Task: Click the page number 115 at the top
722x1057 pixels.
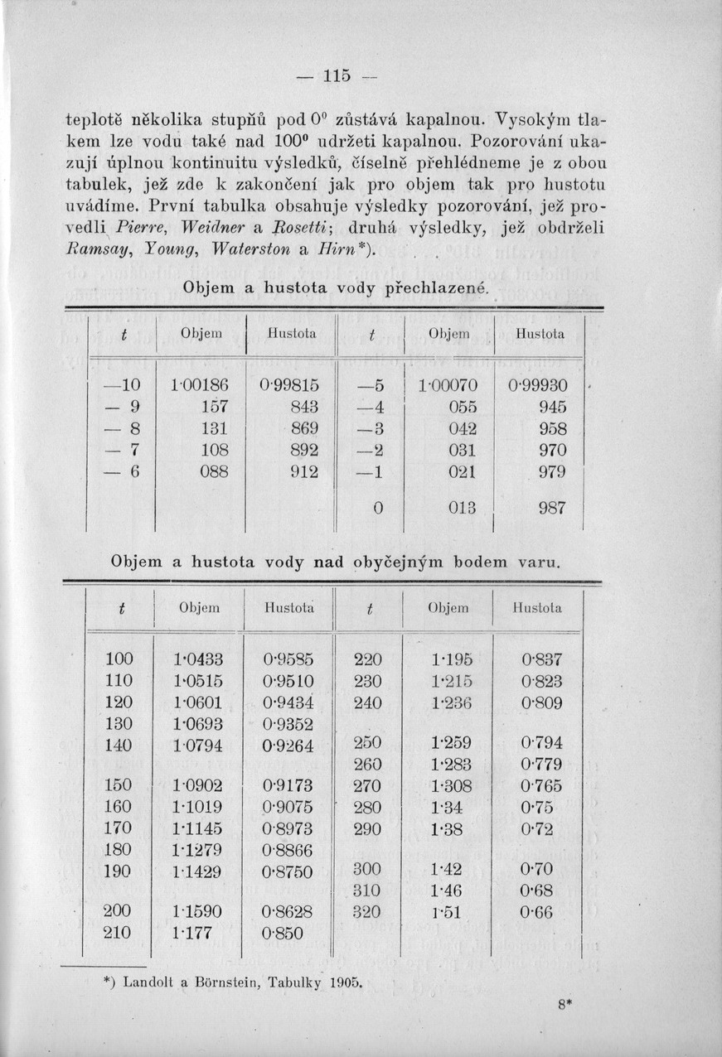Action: pos(336,75)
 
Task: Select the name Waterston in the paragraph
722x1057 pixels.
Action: pos(248,249)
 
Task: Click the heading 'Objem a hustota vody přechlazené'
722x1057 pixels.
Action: pos(336,290)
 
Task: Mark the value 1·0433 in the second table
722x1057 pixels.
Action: pos(198,660)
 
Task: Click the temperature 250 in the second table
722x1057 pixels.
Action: pos(367,742)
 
